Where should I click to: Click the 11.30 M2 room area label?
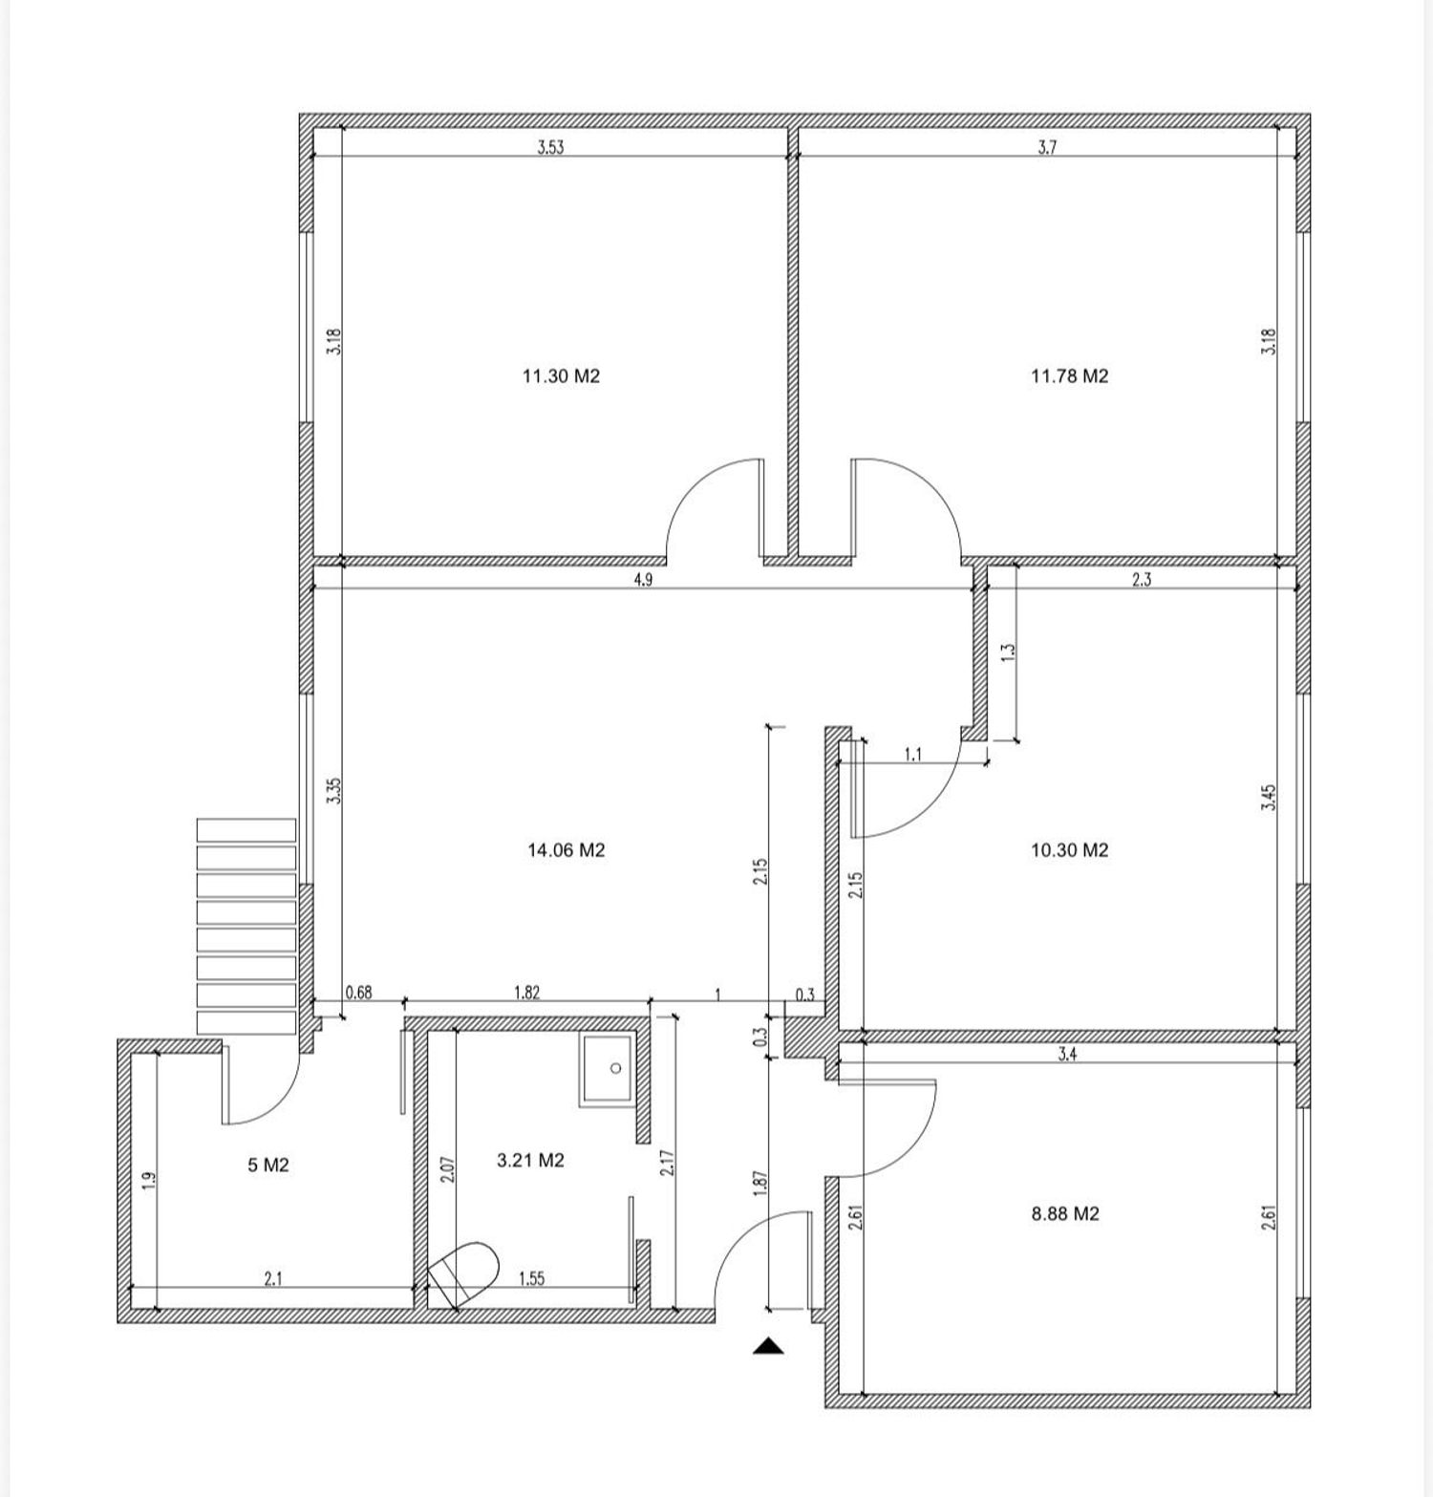coord(561,376)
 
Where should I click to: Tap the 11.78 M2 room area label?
coord(1069,376)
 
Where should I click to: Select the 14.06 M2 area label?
coord(567,850)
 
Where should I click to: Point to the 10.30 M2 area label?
coord(1069,850)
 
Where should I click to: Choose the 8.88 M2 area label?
coord(1065,1214)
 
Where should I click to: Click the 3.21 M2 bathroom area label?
coord(531,1161)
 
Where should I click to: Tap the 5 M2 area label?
coord(268,1166)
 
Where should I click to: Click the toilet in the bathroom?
coord(464,1274)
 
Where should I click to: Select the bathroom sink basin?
coord(606,1070)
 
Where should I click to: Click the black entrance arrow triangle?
coord(768,1347)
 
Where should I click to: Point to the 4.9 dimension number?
coord(643,580)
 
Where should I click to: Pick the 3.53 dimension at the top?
coord(550,147)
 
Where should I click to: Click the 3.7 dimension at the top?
coord(1047,147)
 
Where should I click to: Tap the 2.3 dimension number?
coord(1142,580)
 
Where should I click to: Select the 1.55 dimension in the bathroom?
coord(531,1278)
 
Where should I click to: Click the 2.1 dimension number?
coord(273,1278)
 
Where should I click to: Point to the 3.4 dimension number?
coord(1068,1055)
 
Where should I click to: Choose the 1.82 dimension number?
coord(527,993)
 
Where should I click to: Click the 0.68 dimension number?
coord(358,993)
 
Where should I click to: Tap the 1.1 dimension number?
coord(913,755)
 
